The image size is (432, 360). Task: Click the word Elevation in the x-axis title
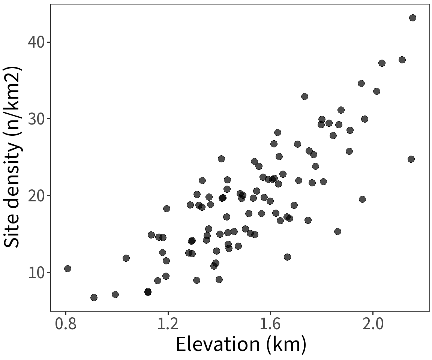point(217,344)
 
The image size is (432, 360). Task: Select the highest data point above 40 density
point(412,18)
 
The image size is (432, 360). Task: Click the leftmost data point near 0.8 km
point(67,268)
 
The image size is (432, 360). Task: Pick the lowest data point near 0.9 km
point(94,297)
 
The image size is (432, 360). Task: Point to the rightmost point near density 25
point(411,159)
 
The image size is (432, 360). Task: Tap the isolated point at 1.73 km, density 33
point(304,96)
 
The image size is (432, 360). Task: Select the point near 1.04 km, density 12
point(126,258)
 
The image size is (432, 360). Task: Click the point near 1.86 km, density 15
point(337,231)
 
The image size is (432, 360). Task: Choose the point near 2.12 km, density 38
point(402,60)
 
